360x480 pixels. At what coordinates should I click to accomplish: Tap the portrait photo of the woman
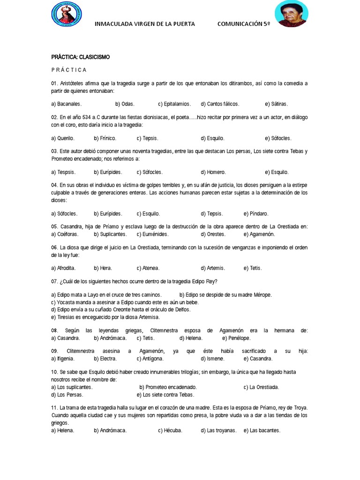pyautogui.click(x=292, y=14)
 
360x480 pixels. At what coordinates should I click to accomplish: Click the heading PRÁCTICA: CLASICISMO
pyautogui.click(x=80, y=57)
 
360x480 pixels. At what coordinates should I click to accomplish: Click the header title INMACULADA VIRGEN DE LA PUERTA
pyautogui.click(x=145, y=24)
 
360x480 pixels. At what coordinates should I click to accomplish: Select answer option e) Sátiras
pyautogui.click(x=276, y=104)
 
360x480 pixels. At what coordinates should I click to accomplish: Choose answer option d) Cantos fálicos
pyautogui.click(x=220, y=104)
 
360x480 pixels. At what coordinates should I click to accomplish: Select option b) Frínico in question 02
pyautogui.click(x=105, y=138)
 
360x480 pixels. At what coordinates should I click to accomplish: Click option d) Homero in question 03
pyautogui.click(x=213, y=172)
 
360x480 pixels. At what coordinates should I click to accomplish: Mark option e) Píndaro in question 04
pyautogui.click(x=256, y=213)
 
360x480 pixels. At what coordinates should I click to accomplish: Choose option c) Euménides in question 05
pyautogui.click(x=152, y=234)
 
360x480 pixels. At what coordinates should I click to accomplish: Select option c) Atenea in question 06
pyautogui.click(x=148, y=268)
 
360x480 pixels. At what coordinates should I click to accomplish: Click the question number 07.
pyautogui.click(x=54, y=281)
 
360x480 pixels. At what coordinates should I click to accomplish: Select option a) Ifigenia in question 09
pyautogui.click(x=63, y=359)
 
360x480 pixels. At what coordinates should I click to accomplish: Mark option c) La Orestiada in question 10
pyautogui.click(x=261, y=387)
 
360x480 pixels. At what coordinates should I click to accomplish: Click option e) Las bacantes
pyautogui.click(x=262, y=430)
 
